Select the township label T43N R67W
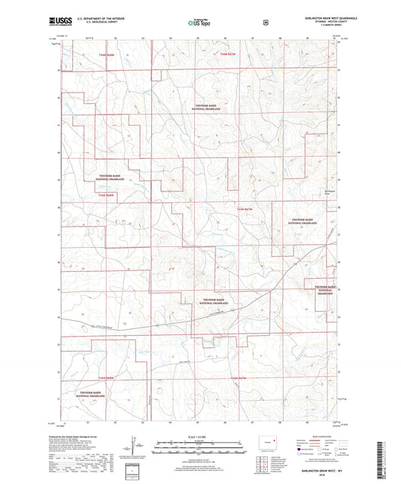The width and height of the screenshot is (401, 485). pyautogui.click(x=247, y=208)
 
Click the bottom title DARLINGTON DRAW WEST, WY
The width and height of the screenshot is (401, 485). pyautogui.click(x=311, y=468)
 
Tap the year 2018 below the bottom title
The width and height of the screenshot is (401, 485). pyautogui.click(x=311, y=473)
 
